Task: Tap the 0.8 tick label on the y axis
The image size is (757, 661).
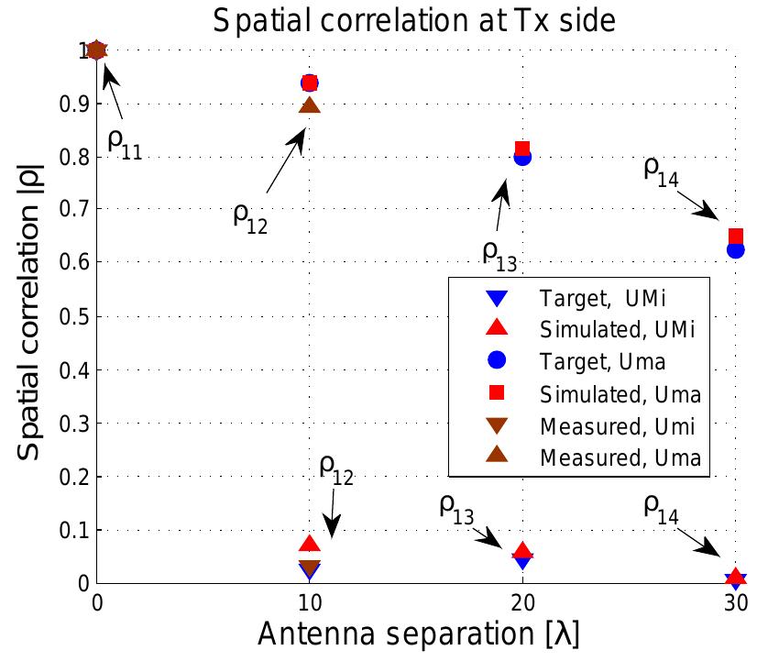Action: tap(77, 158)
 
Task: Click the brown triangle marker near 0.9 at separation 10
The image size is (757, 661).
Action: tap(310, 105)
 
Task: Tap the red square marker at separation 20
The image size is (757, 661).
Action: tap(522, 149)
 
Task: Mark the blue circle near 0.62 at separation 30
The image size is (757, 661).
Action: tap(735, 249)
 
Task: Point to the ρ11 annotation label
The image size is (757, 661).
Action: tap(125, 144)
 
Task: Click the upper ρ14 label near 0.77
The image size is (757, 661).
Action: tap(660, 171)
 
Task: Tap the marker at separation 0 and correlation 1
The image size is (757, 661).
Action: tap(97, 50)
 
